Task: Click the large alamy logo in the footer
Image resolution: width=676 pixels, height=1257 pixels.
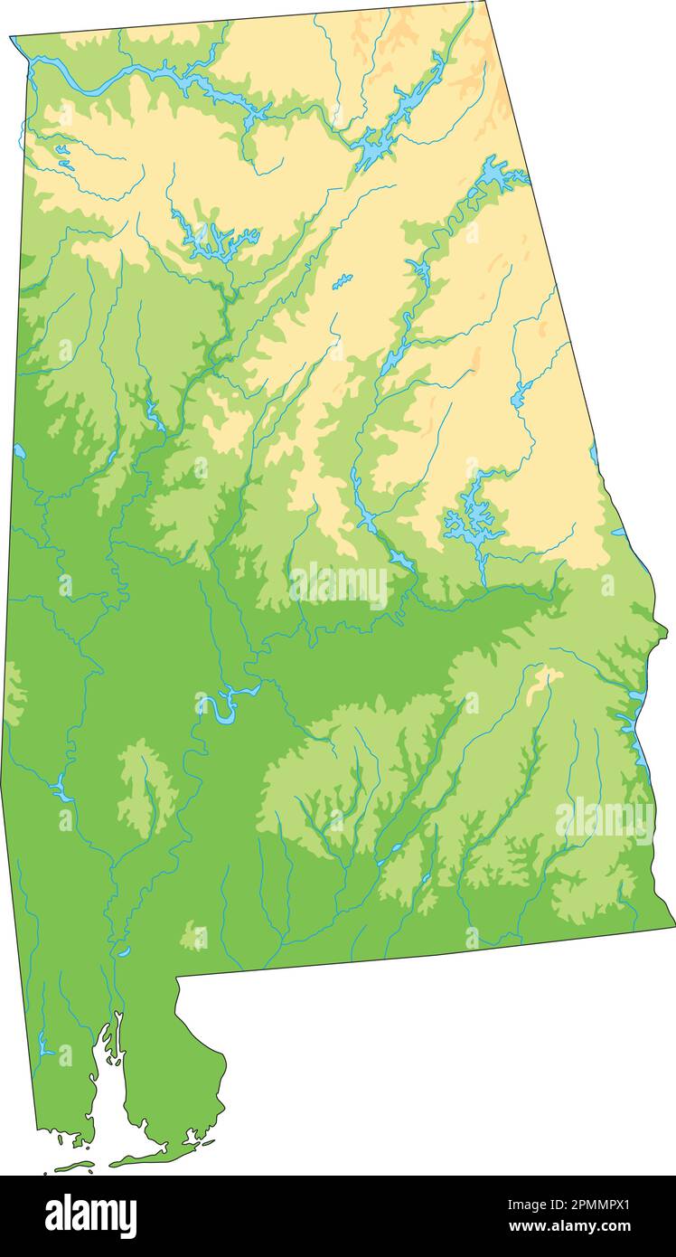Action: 91,1215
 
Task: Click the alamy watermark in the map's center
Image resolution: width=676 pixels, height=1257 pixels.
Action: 339,585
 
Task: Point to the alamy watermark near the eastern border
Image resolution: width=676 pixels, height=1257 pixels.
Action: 605,821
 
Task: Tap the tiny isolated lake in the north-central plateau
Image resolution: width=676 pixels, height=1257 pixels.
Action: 342,282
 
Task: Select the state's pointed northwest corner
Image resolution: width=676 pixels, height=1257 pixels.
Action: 12,38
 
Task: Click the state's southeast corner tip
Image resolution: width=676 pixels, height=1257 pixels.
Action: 672,924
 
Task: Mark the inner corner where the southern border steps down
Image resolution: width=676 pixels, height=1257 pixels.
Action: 177,978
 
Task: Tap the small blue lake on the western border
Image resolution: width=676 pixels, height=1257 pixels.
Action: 19,450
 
